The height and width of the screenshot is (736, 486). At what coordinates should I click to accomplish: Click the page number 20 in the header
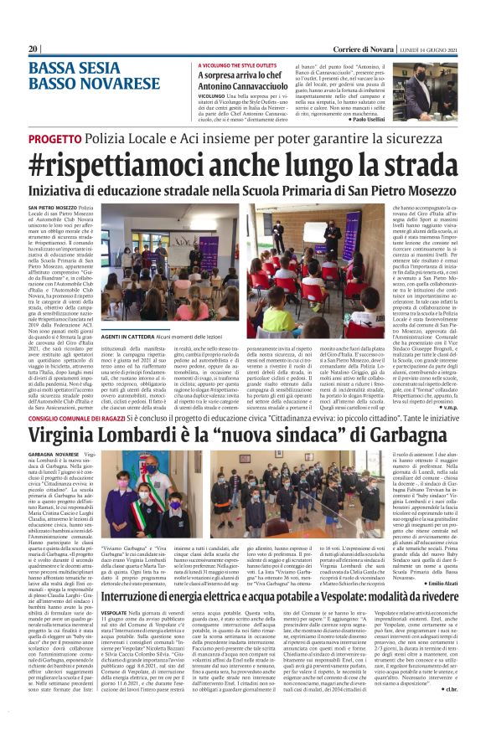(34, 49)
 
